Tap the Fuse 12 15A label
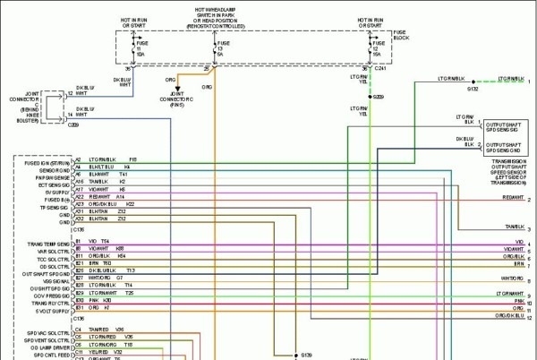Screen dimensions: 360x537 pyautogui.click(x=376, y=48)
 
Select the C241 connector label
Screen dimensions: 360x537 pyautogui.click(x=379, y=68)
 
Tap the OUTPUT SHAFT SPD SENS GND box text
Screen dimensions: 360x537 pyautogui.click(x=508, y=146)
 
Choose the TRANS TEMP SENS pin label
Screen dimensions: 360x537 pyautogui.click(x=48, y=242)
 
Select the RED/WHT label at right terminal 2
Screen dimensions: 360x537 pyautogui.click(x=513, y=197)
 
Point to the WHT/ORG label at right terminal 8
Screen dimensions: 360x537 pyautogui.click(x=512, y=279)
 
